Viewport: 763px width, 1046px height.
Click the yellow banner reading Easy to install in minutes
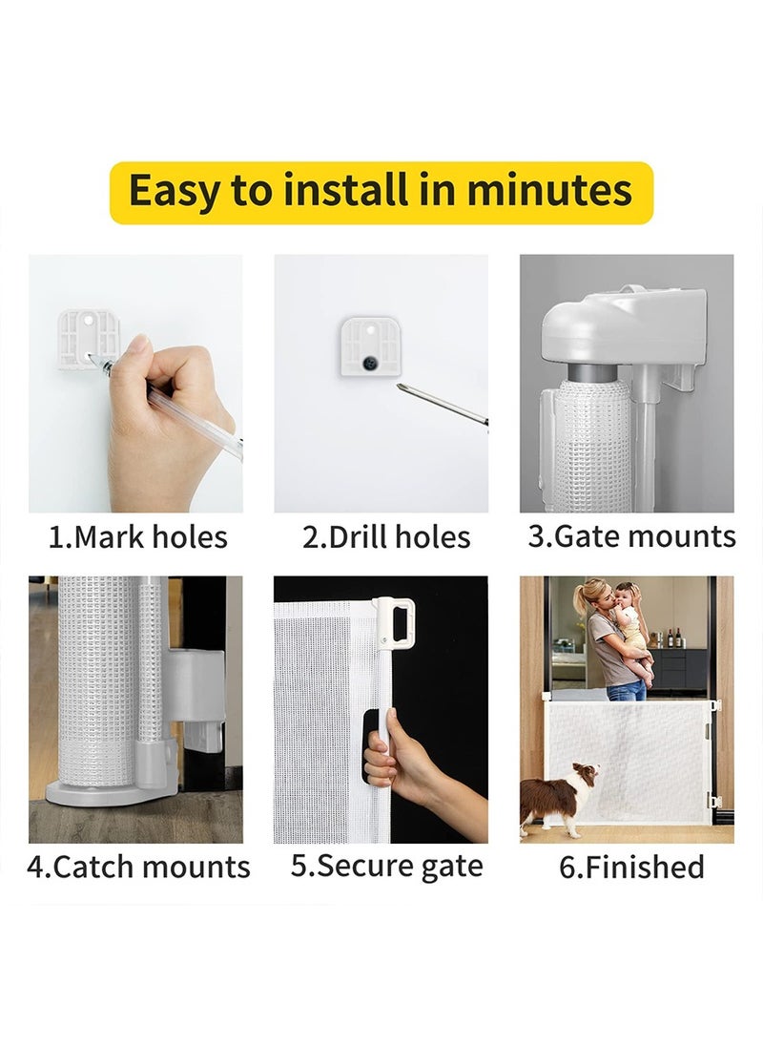(x=381, y=192)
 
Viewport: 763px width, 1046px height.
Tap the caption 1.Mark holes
(x=137, y=537)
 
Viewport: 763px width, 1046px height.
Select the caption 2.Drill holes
(x=386, y=537)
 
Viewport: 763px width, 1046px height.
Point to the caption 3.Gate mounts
(x=631, y=536)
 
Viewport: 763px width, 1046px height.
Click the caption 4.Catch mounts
(x=138, y=868)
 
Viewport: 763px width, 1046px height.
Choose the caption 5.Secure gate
(x=386, y=867)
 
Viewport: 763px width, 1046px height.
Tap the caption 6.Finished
(x=631, y=868)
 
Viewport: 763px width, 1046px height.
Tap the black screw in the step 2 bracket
(x=369, y=363)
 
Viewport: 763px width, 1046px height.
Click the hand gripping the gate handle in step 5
(x=391, y=764)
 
